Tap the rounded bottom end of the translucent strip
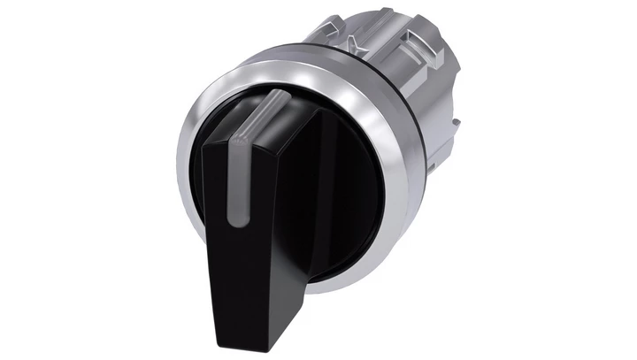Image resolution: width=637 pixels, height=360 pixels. coord(241,221)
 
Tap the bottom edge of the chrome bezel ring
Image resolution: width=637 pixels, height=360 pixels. coord(310,281)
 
